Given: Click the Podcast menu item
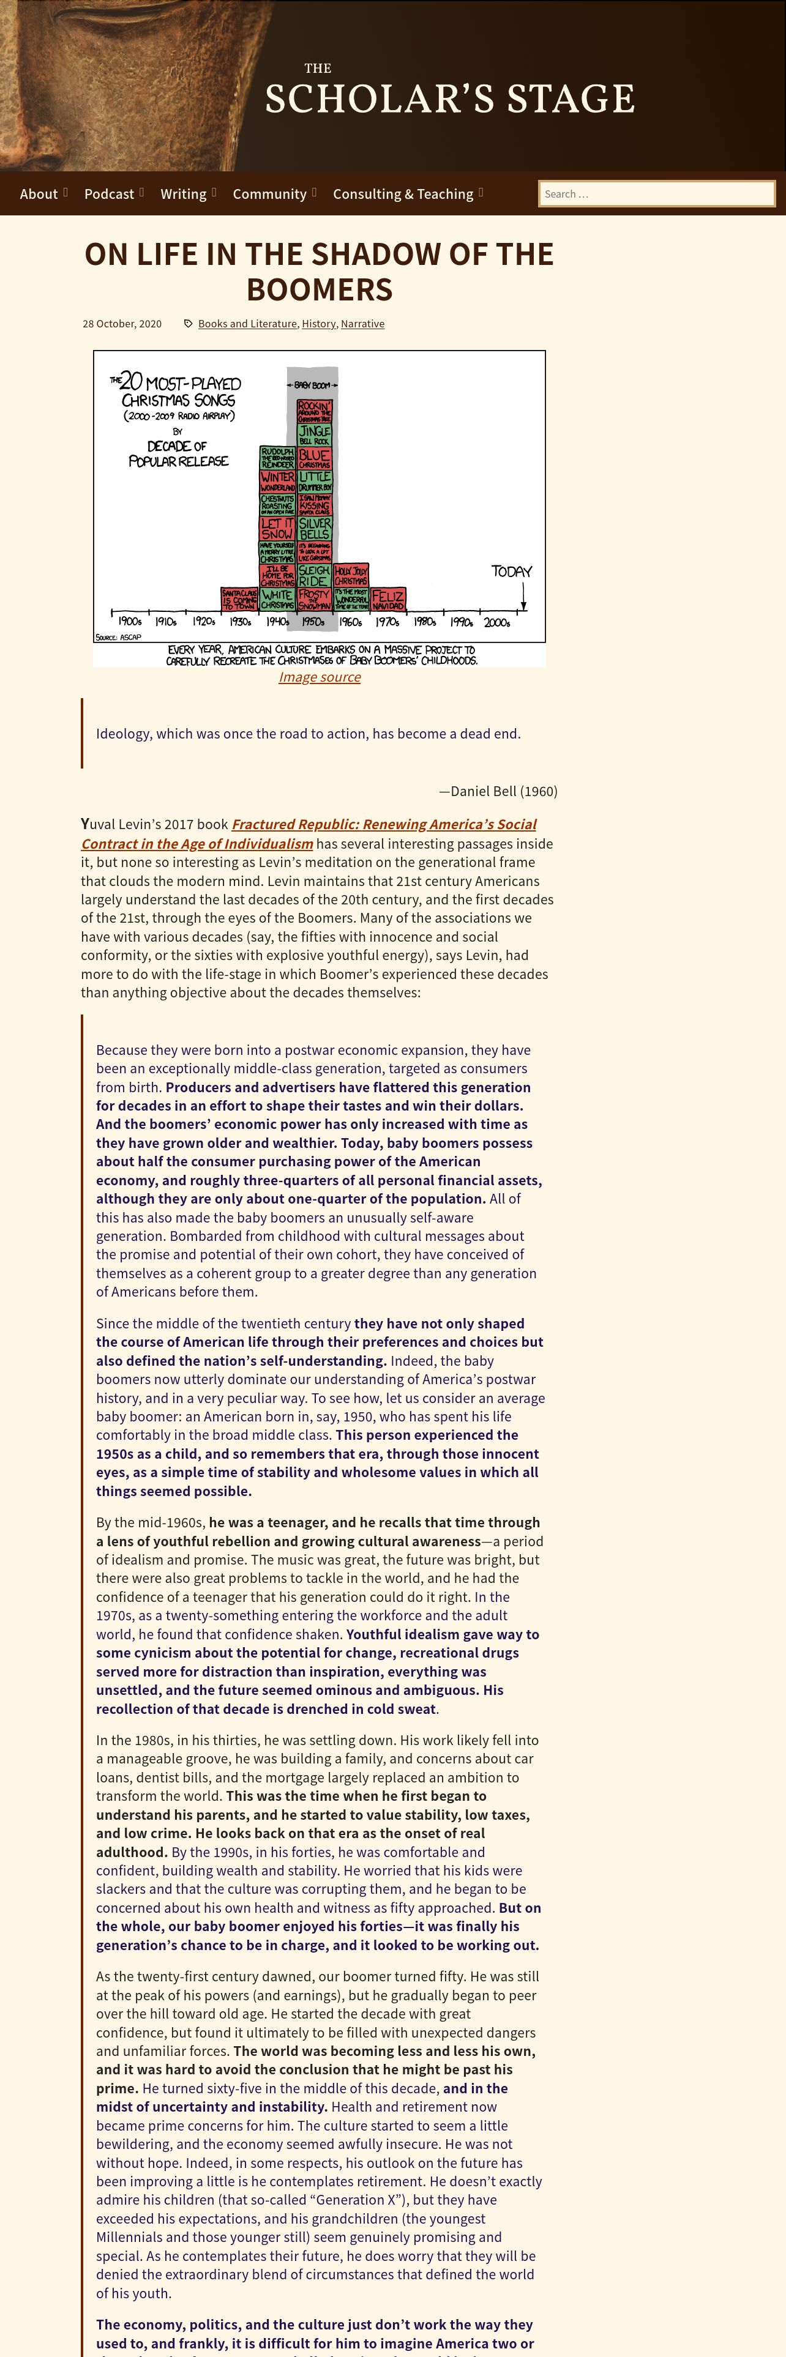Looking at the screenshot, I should [x=109, y=194].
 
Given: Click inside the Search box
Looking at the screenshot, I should [x=656, y=194].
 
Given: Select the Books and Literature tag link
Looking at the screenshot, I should [x=247, y=324].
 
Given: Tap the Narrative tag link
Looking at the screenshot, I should [x=362, y=324].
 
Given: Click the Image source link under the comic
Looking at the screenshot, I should [x=320, y=677].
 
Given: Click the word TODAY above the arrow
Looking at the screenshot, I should [x=512, y=571].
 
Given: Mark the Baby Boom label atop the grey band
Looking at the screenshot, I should [x=312, y=385].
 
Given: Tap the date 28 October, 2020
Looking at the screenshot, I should [x=122, y=324].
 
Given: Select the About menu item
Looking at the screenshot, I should [x=39, y=194].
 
